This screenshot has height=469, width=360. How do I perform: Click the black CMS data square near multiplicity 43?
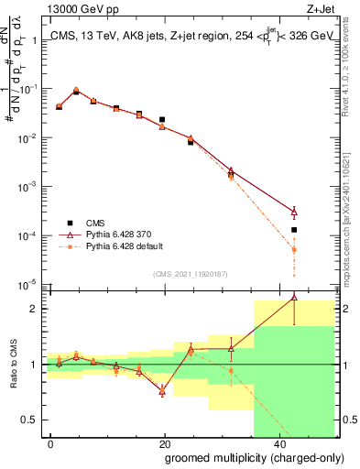294,230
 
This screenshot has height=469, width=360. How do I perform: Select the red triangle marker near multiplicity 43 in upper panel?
294,212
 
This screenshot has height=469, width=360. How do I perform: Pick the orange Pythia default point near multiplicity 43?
294,249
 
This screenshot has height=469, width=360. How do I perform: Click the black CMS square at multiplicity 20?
162,120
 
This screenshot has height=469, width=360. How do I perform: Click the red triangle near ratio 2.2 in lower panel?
294,297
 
